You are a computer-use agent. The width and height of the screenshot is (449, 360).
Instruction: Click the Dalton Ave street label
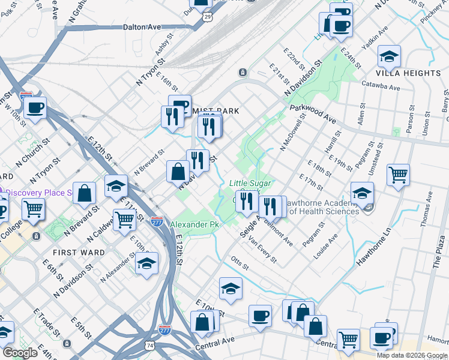(x=142, y=27)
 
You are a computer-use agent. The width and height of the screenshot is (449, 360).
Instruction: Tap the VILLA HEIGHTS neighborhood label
(x=408, y=73)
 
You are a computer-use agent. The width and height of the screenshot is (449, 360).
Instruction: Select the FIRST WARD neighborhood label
(x=78, y=253)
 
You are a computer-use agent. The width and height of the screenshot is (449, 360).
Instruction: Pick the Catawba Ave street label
(x=381, y=87)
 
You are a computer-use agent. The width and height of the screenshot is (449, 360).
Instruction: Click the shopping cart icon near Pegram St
(x=398, y=175)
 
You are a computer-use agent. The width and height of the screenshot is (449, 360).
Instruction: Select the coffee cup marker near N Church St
(x=35, y=108)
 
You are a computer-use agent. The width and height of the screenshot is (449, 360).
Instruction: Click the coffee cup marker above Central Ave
(x=261, y=315)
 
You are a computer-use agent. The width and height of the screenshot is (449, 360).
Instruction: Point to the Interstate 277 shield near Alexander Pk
(x=157, y=222)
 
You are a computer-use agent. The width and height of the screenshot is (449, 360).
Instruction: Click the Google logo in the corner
(x=20, y=353)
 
